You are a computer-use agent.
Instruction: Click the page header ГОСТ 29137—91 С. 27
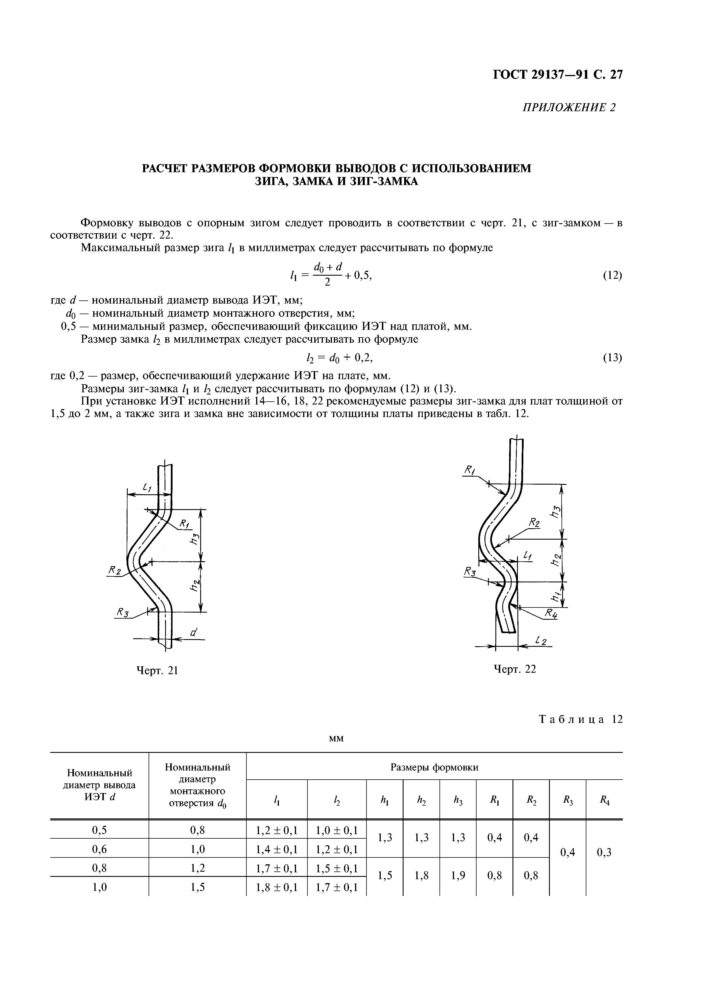(557, 75)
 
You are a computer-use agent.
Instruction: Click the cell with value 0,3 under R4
(604, 852)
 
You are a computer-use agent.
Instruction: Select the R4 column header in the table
(604, 800)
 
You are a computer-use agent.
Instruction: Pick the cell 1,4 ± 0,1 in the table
(277, 849)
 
